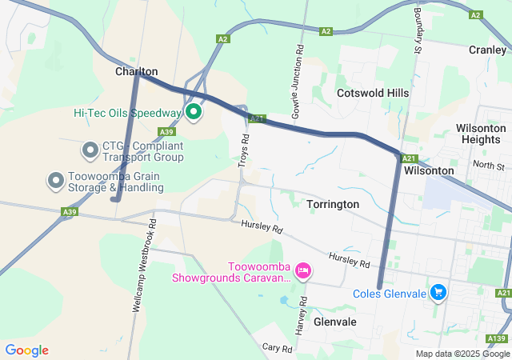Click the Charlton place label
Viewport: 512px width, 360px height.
tap(136, 71)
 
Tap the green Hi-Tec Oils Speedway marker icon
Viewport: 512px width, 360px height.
tap(193, 111)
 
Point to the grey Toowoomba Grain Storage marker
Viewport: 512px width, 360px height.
tap(55, 181)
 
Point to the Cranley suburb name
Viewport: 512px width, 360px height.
tap(487, 50)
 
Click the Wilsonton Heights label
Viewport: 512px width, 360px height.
tap(481, 134)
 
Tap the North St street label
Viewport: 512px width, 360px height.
tap(489, 166)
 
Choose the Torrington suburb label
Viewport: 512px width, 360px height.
tap(333, 205)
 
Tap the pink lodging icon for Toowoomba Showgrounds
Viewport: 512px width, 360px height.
tap(303, 271)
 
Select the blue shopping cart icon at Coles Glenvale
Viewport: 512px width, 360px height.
tap(438, 293)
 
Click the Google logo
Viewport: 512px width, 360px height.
tap(27, 350)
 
